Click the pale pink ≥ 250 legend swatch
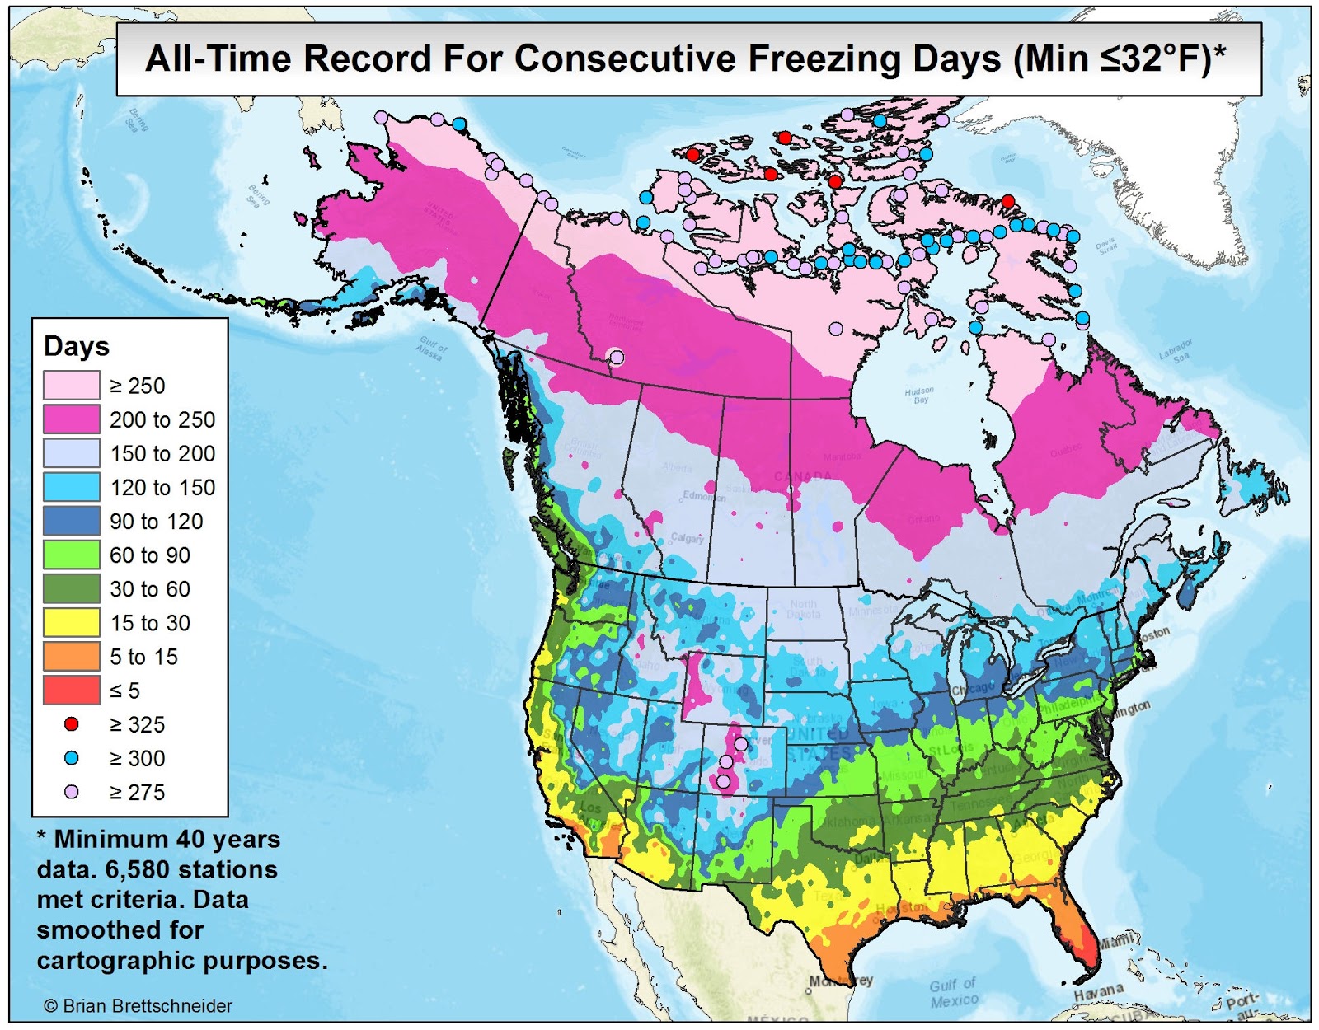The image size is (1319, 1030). [x=72, y=386]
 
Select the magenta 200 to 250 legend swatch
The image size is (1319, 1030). [x=72, y=419]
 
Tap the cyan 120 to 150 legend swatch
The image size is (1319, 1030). [x=72, y=487]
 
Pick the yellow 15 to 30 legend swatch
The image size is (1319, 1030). [x=72, y=622]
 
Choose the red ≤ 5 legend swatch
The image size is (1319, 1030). [x=72, y=690]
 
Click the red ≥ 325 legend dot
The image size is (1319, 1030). [x=72, y=724]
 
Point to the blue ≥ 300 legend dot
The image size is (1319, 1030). [x=72, y=758]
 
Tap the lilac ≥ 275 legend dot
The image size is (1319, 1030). [x=72, y=792]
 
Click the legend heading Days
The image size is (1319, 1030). [x=77, y=347]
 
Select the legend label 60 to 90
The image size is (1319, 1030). [x=150, y=555]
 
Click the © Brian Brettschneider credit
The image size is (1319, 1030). [x=138, y=1006]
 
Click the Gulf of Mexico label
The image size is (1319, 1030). [x=954, y=993]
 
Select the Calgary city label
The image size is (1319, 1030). [x=687, y=538]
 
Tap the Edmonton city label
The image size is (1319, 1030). [x=704, y=496]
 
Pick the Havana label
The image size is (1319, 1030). [x=1099, y=991]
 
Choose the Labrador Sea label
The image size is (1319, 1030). [x=1176, y=351]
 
